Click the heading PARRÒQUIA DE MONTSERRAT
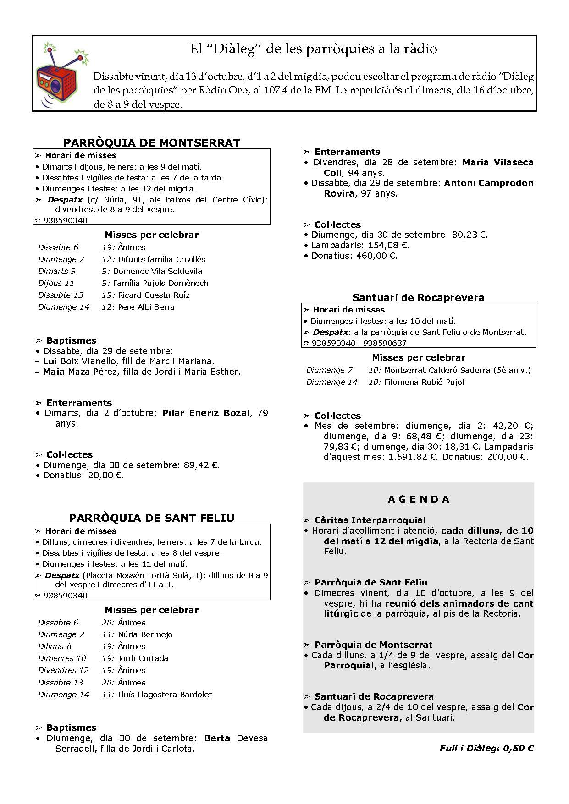coord(151,142)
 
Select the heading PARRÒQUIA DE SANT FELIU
coord(151,518)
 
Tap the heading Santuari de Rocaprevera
coord(418,297)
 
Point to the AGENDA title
coord(419,499)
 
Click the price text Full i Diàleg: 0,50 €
coord(486,748)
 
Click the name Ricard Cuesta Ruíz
coord(154,295)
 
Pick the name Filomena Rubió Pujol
coord(424,382)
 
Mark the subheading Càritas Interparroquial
coord(370,520)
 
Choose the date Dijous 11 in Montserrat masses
coord(56,283)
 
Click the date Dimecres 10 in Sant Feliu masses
coord(62,658)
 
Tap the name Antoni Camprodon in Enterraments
coord(488,183)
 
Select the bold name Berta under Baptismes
coord(217,738)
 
